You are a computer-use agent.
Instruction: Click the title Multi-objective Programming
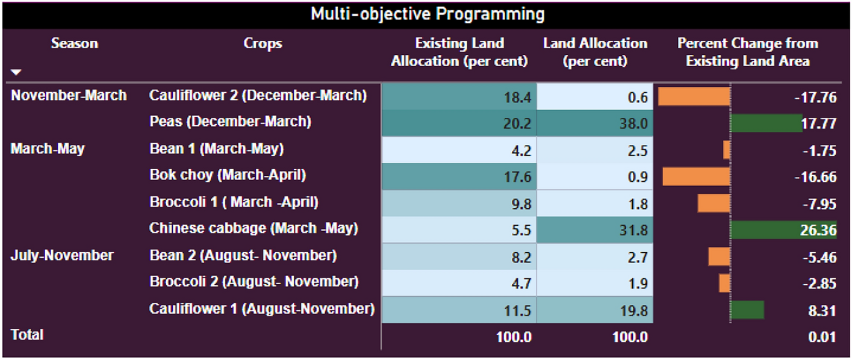coord(428,14)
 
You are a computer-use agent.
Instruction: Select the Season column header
coord(75,43)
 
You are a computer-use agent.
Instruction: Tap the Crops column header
coord(263,44)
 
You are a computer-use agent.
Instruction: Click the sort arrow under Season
coord(16,72)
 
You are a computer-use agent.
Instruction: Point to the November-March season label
coord(69,95)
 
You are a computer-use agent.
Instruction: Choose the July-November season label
coord(62,255)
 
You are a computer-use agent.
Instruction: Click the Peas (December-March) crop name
coord(230,122)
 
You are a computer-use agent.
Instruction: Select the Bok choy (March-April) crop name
coord(228,175)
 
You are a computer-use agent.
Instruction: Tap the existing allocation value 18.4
coord(517,98)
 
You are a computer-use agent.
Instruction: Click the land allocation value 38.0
coord(633,123)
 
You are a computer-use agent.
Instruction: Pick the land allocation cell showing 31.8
coord(595,230)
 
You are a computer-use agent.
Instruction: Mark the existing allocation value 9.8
coord(521,204)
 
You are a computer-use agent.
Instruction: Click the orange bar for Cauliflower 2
coord(694,96)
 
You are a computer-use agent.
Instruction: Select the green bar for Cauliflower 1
coord(747,310)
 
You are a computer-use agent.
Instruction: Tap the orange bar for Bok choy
coord(697,177)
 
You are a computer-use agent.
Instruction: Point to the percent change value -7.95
coord(819,204)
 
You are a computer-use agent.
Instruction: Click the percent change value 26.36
coord(818,230)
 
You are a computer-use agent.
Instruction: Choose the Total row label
coord(27,335)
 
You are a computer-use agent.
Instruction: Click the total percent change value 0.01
coord(822,337)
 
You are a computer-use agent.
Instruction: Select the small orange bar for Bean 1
coord(727,150)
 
